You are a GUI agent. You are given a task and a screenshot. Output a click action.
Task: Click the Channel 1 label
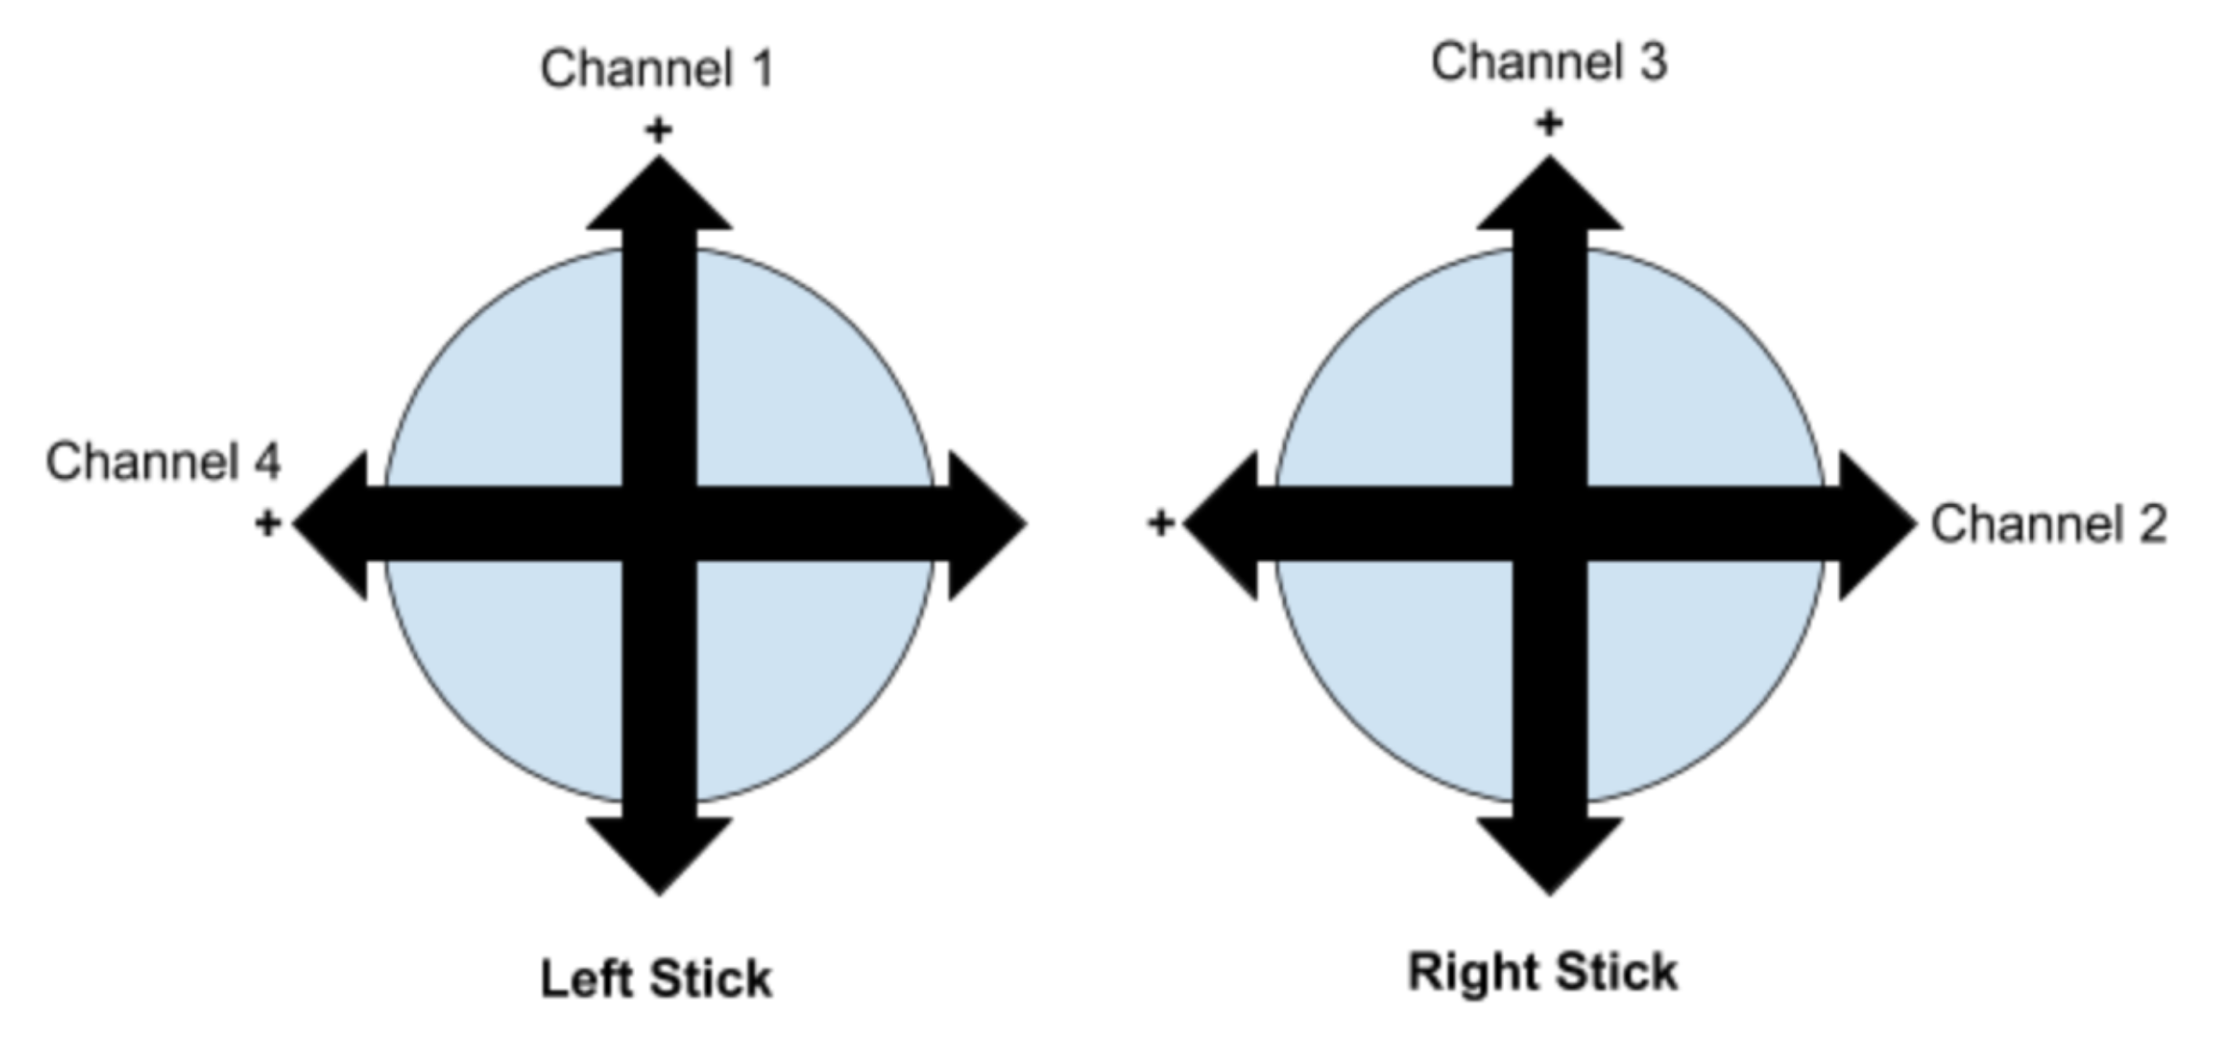click(657, 70)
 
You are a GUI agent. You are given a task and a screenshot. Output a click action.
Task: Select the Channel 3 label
click(1549, 62)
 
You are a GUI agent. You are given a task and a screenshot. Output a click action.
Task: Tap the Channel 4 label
click(163, 461)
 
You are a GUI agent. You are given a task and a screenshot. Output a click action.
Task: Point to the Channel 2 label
click(2048, 524)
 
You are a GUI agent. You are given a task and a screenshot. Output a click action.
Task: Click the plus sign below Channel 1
click(658, 130)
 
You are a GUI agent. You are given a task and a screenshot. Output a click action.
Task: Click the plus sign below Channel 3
click(1549, 123)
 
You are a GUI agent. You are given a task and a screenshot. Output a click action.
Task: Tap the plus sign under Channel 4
click(268, 523)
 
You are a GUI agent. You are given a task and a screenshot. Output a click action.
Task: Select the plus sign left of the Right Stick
click(1160, 523)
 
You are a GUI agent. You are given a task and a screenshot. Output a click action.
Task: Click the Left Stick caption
click(656, 979)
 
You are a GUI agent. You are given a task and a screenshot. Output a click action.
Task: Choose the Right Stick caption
click(1543, 972)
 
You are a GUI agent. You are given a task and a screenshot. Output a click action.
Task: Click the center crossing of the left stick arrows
click(659, 524)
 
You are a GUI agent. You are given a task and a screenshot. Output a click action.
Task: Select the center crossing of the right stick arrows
click(1550, 524)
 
